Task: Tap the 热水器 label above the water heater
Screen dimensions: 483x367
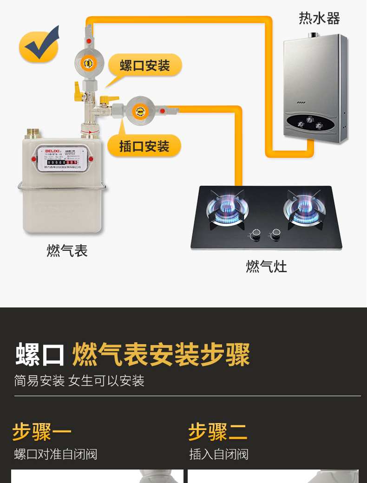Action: [x=319, y=19]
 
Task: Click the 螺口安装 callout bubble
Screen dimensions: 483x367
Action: [x=144, y=65]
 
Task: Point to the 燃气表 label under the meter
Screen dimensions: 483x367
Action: [x=67, y=251]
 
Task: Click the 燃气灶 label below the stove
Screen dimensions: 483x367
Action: [x=266, y=267]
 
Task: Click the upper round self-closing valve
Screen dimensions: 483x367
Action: [x=87, y=63]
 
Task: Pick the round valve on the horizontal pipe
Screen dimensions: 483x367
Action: [x=138, y=110]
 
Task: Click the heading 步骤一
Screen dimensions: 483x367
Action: [x=42, y=431]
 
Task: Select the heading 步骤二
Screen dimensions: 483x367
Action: [x=218, y=431]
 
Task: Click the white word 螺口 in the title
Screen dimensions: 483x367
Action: [x=40, y=355]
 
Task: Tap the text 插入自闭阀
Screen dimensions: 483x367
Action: [x=219, y=454]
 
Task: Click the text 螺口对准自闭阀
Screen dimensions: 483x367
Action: [x=56, y=454]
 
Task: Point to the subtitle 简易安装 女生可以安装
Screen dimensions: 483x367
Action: [x=79, y=381]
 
